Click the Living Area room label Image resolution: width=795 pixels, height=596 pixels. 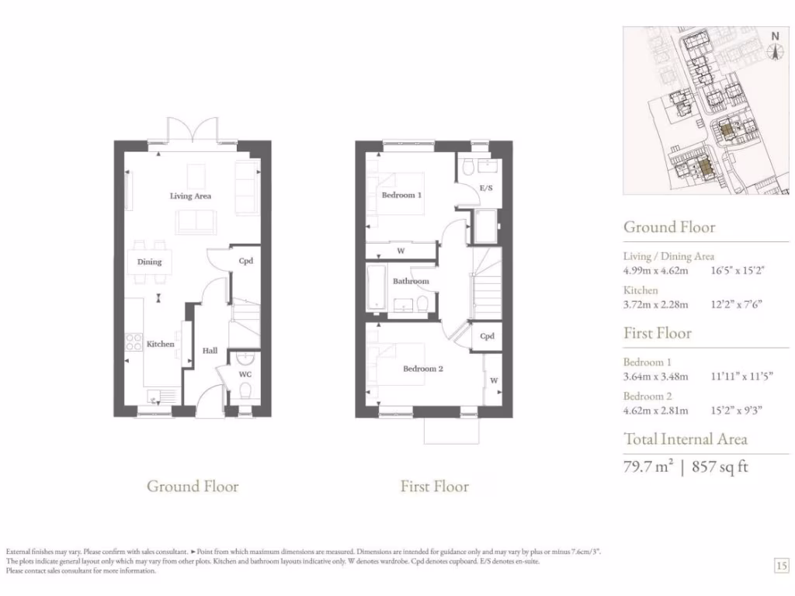[x=190, y=196]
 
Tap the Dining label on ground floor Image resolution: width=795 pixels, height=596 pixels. [x=150, y=262]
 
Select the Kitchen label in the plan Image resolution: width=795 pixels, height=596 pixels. [x=161, y=344]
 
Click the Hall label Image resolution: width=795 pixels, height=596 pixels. [x=210, y=351]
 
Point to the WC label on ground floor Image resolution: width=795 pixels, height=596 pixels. [x=245, y=374]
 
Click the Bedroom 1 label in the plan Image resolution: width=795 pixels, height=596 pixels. [x=401, y=196]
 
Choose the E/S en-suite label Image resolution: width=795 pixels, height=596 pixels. [x=487, y=189]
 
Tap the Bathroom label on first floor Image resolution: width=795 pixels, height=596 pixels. [x=411, y=281]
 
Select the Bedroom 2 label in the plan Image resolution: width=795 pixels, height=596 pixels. [x=422, y=369]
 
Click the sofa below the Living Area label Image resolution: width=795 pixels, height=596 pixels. [x=196, y=222]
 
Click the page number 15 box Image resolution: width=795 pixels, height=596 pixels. [x=781, y=566]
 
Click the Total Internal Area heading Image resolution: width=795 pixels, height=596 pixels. [x=686, y=439]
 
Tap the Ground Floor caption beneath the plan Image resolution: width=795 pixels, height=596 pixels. [x=193, y=487]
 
